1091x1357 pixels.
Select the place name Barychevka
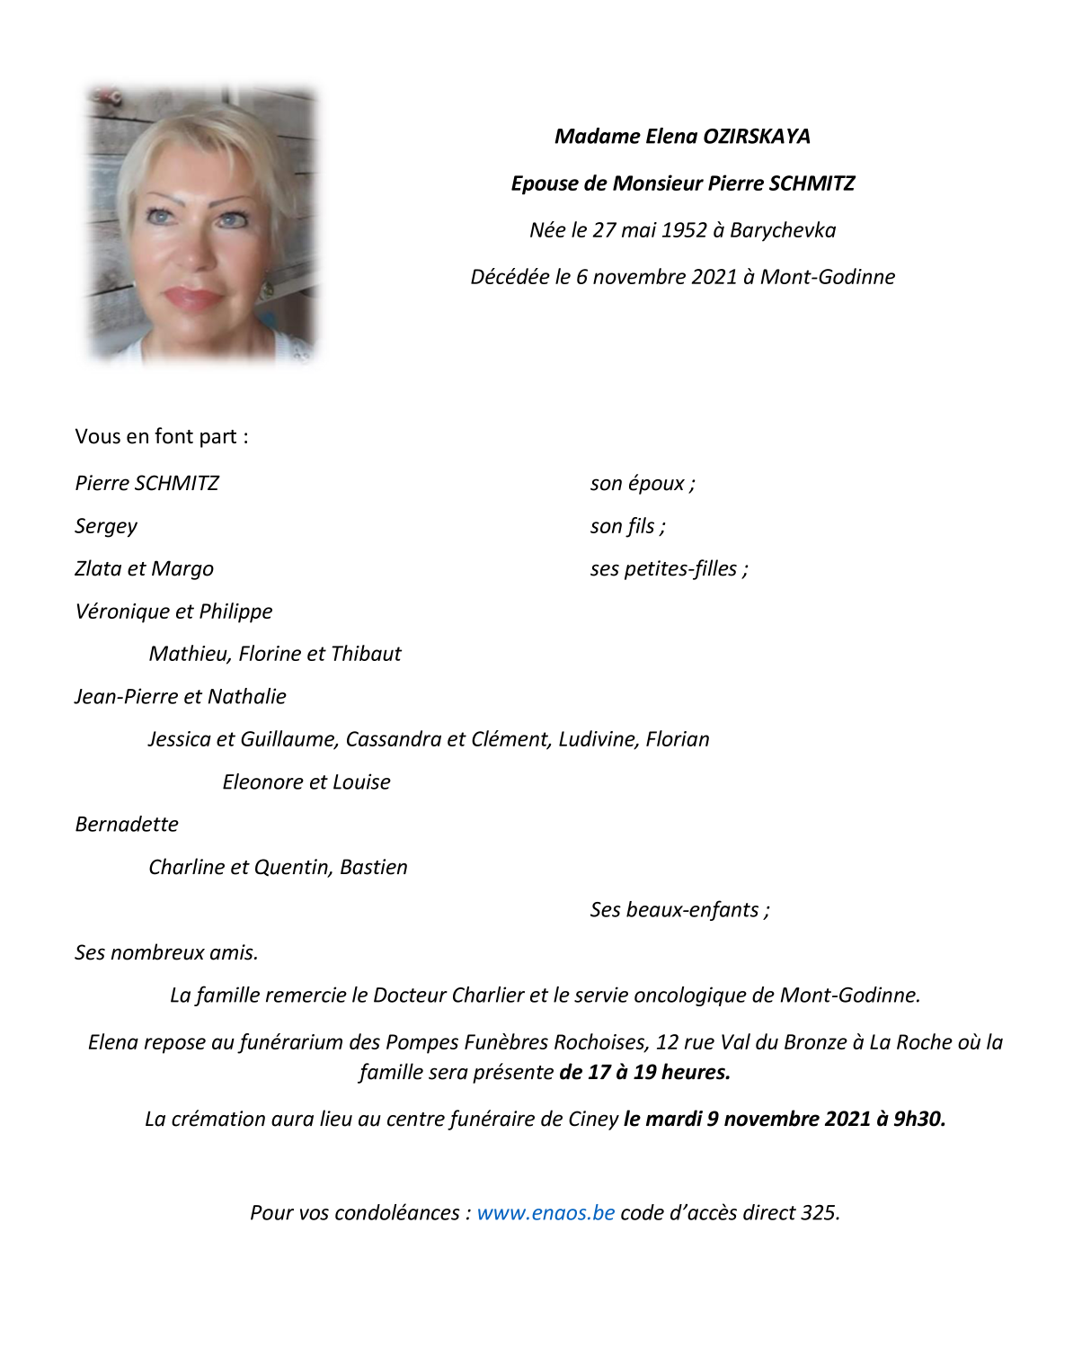tap(783, 230)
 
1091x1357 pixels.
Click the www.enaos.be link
tap(545, 1213)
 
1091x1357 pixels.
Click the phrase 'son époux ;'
tap(643, 484)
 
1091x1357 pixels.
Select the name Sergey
tap(106, 527)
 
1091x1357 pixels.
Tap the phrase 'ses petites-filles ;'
tap(669, 569)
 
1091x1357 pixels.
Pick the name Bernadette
tap(127, 825)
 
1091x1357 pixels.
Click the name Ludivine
tap(598, 739)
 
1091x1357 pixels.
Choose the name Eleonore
tap(262, 782)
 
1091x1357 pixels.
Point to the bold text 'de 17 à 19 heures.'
tap(644, 1073)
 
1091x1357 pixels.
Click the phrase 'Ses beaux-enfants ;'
tap(679, 910)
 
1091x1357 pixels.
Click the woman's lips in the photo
tap(191, 298)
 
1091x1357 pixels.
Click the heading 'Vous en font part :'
tap(162, 437)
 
